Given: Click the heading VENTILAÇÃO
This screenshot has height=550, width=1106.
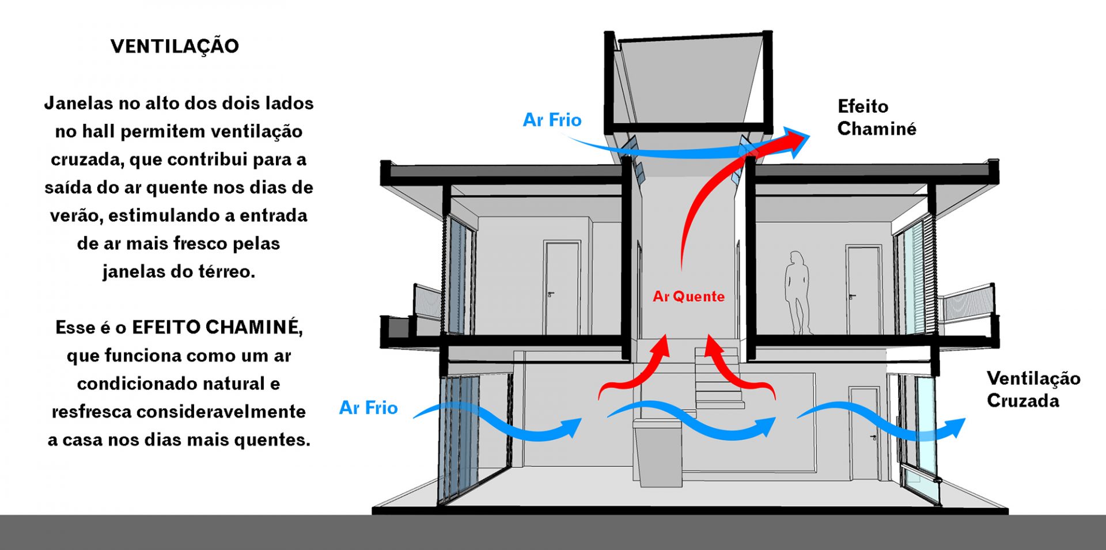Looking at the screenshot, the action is (175, 46).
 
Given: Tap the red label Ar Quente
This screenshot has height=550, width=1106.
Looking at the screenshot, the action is (688, 297).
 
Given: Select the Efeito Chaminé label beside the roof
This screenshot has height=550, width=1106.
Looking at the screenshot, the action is (876, 117).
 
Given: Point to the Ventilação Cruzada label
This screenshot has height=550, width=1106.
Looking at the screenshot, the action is (1033, 389).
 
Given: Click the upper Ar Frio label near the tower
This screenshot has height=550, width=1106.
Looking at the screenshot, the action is (552, 120).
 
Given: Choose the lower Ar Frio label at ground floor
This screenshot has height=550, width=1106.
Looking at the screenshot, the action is (368, 408).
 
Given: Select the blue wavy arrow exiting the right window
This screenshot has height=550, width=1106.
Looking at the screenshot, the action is (881, 423).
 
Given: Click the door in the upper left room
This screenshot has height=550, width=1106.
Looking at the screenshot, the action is (562, 288).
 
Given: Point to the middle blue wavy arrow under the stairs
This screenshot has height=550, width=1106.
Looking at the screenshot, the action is (691, 420).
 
